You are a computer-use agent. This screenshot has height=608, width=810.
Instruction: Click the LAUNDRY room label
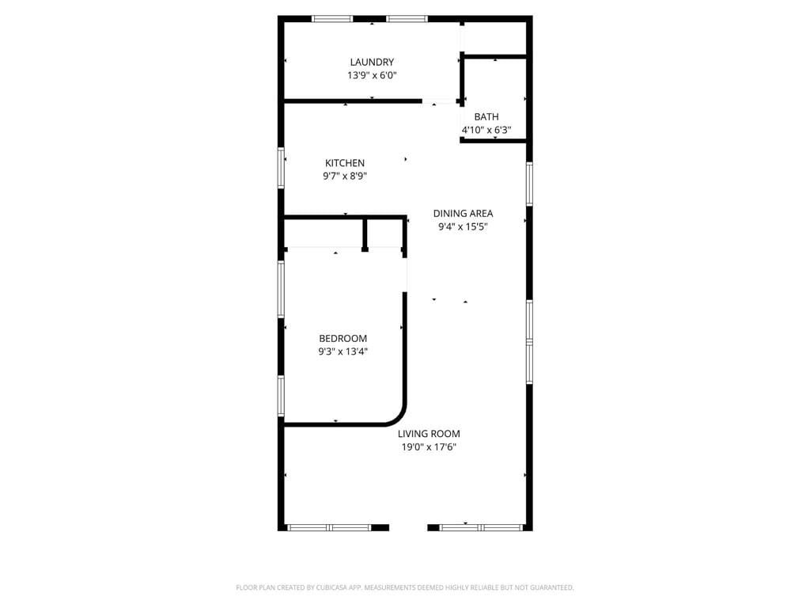click(x=372, y=62)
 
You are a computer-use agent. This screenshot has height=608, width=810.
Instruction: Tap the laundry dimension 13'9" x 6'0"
click(x=372, y=76)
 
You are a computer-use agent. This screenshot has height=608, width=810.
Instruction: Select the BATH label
click(x=486, y=116)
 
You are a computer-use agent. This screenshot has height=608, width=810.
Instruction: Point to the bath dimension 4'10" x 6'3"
click(x=486, y=130)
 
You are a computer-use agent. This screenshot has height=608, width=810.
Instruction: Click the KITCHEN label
click(x=345, y=163)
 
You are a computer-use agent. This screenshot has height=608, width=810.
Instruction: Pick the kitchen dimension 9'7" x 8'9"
click(x=345, y=177)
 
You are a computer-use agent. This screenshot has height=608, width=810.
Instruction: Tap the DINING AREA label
click(x=463, y=213)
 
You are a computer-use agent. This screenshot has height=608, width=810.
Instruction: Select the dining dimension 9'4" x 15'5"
click(x=463, y=226)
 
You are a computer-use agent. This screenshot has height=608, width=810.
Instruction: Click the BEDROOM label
click(x=343, y=338)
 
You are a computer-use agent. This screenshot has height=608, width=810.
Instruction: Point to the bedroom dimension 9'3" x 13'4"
click(x=343, y=351)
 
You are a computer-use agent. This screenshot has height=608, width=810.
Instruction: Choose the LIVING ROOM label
click(x=429, y=433)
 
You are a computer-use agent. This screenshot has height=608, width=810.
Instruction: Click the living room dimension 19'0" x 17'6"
click(x=429, y=446)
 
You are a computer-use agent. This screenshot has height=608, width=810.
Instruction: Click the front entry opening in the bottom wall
click(x=408, y=526)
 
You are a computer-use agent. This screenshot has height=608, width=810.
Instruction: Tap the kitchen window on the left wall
click(x=281, y=168)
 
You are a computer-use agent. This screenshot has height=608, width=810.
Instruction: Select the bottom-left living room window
click(x=328, y=526)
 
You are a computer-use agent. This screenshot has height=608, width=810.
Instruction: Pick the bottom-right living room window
click(x=481, y=526)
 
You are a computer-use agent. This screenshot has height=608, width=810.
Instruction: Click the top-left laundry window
click(x=332, y=18)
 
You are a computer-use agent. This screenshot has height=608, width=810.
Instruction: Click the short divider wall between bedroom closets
click(x=365, y=234)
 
